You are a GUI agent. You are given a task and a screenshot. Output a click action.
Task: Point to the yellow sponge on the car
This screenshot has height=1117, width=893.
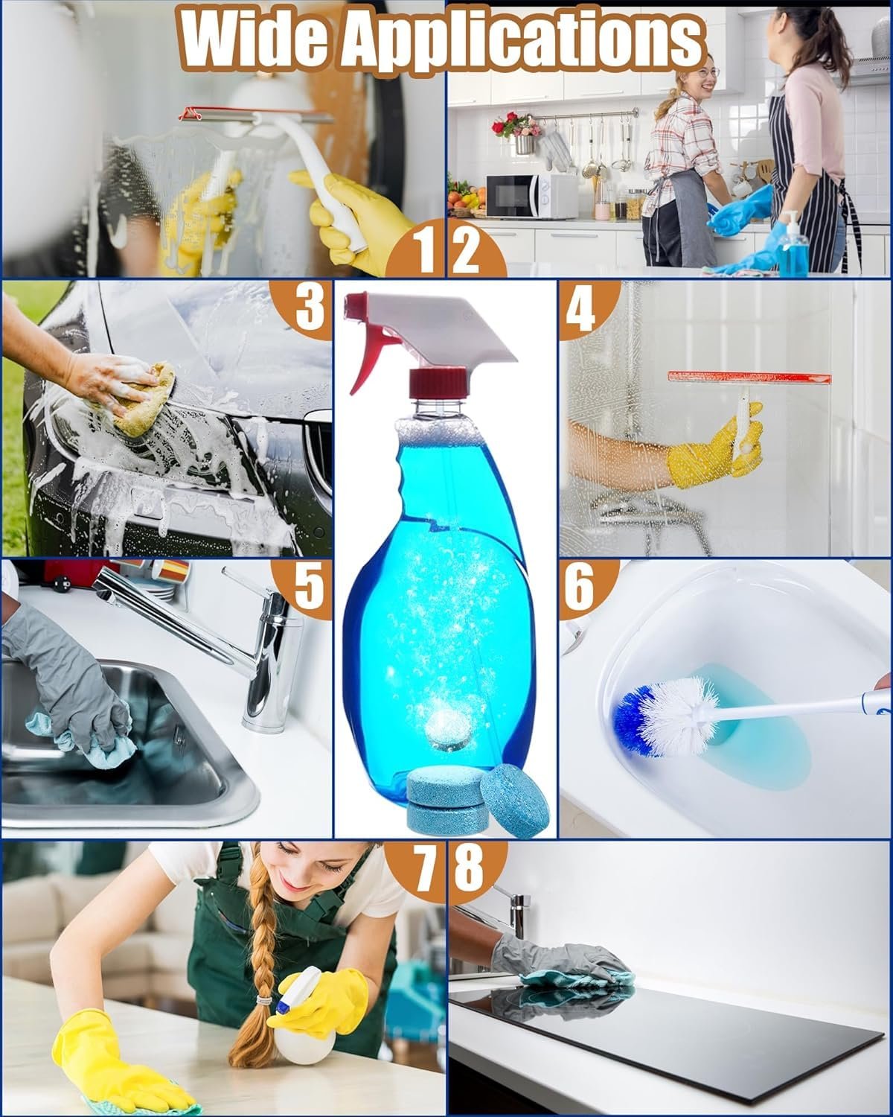[145, 400]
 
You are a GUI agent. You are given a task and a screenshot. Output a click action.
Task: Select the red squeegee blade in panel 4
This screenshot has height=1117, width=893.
[749, 378]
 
